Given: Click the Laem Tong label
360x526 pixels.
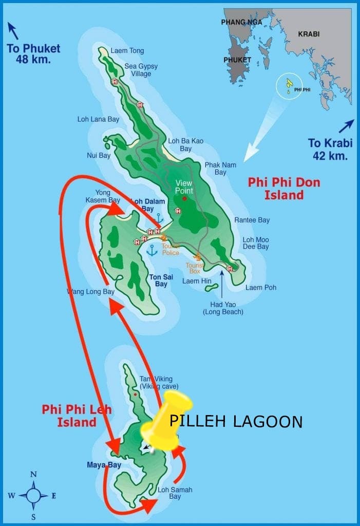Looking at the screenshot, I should [x=127, y=51].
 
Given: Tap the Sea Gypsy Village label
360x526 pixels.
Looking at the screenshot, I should [x=141, y=70].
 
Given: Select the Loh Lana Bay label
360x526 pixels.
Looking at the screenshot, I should [x=98, y=119].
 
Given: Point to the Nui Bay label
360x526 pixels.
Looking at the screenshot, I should [x=99, y=155].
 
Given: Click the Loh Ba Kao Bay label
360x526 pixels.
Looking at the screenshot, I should [x=185, y=145].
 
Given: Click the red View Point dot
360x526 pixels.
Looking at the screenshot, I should [x=184, y=198].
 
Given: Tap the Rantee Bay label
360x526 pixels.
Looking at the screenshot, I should [x=252, y=220].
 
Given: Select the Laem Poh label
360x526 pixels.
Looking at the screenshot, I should [x=260, y=287].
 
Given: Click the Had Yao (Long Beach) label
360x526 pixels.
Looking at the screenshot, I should [x=223, y=308].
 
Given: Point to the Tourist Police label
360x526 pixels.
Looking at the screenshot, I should [x=170, y=250].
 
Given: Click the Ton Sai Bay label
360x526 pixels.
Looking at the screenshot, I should [x=161, y=280].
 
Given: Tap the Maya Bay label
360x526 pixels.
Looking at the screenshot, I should [x=104, y=465].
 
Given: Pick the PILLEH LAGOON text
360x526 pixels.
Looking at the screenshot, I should [x=236, y=422].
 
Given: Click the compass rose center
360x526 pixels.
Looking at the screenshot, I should [x=33, y=496].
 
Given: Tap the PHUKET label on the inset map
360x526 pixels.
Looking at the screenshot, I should [x=237, y=60].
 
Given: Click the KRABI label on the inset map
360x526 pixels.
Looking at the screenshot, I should [x=309, y=34].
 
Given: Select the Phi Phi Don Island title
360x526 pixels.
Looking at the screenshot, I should [x=284, y=189].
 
